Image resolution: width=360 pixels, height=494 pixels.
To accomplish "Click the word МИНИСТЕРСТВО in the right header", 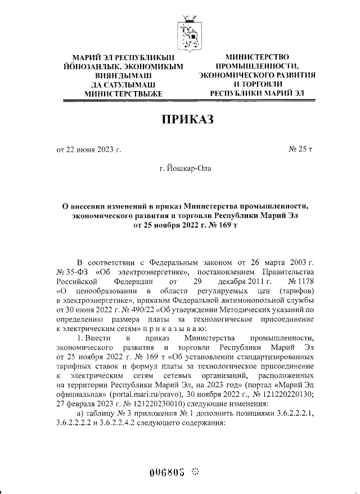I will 256,57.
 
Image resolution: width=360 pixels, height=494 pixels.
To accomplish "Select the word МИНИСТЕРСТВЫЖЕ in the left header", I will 123,93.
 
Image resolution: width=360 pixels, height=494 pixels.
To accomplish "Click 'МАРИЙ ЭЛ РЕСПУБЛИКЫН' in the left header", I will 122,57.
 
